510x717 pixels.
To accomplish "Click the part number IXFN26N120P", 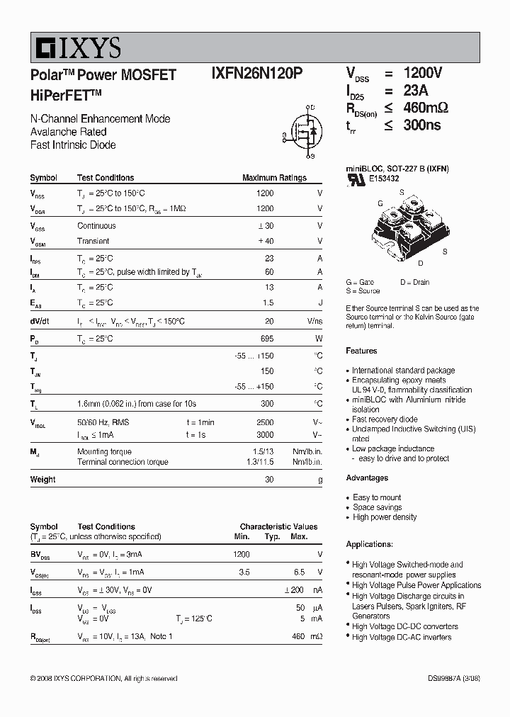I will (256, 74).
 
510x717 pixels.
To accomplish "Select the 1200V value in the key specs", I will (422, 74).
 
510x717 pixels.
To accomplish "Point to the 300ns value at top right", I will (422, 125).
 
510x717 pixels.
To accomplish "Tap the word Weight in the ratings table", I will (42, 480).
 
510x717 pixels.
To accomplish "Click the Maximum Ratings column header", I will (274, 178).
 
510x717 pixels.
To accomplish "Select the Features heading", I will (361, 351).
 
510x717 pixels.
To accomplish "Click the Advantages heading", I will (367, 478).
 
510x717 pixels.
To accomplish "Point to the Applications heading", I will (369, 544).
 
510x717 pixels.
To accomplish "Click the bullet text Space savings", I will (377, 507).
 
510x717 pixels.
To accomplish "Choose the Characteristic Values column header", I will (278, 527).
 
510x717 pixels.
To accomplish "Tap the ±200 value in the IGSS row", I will (294, 590).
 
